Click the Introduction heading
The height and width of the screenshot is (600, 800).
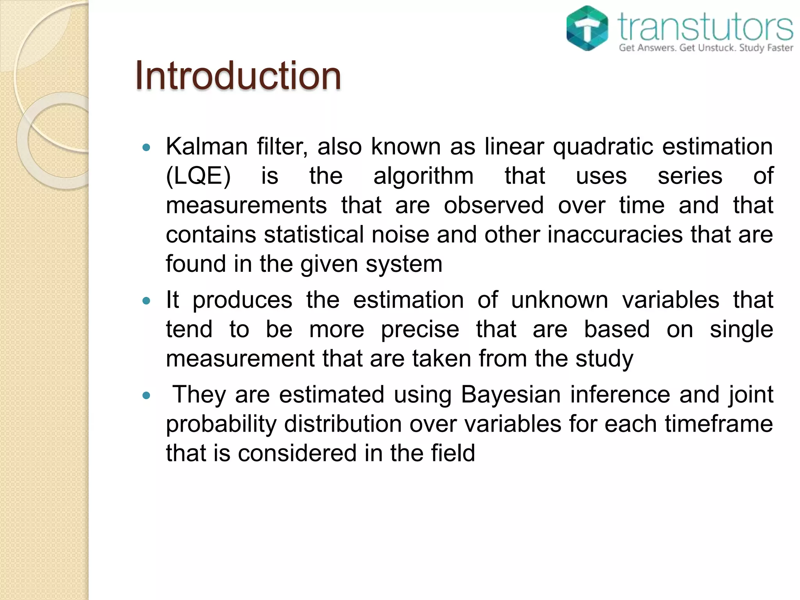click(238, 76)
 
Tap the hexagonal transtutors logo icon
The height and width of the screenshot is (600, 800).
click(587, 29)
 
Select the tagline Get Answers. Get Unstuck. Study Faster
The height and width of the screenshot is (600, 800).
click(705, 48)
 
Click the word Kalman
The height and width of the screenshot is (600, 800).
click(207, 146)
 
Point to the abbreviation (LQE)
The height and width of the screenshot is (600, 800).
click(198, 176)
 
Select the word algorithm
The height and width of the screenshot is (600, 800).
click(423, 176)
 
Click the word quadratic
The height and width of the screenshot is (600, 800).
click(603, 146)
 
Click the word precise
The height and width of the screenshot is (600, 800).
click(420, 329)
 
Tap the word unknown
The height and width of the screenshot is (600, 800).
click(559, 300)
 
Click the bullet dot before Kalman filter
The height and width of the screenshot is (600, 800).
click(146, 148)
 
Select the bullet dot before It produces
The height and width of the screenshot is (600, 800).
click(146, 301)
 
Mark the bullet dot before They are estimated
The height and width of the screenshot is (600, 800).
click(146, 396)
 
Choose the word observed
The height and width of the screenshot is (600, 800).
click(494, 205)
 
